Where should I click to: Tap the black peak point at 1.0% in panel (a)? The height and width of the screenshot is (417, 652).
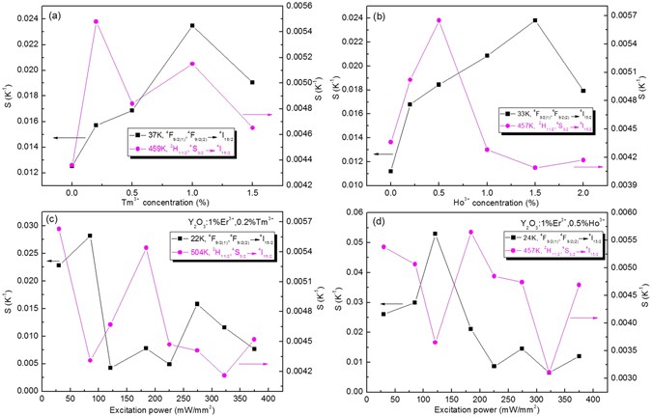[x=193, y=25]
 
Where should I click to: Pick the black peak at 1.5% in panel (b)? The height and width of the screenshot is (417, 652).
[x=534, y=20]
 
